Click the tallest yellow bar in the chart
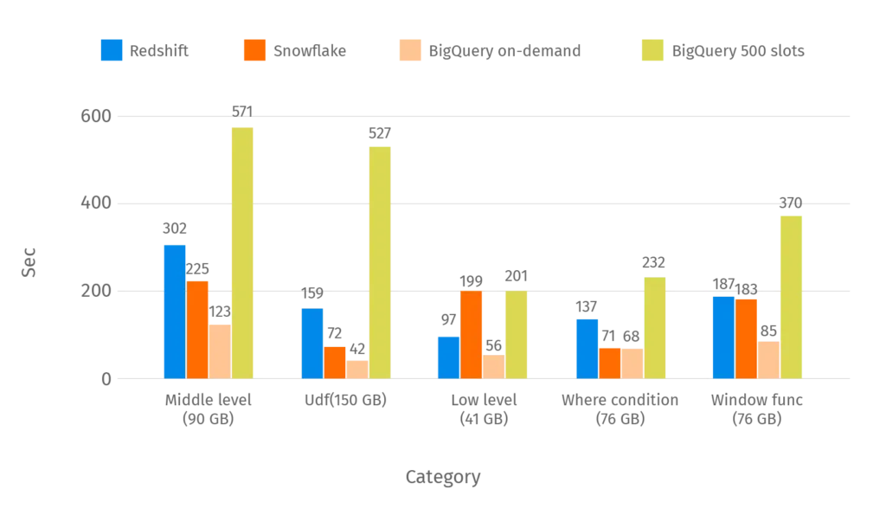(x=242, y=251)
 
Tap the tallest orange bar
(x=197, y=328)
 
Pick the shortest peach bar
(x=356, y=369)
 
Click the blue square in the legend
(x=112, y=50)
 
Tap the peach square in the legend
(x=408, y=50)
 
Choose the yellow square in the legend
(x=652, y=50)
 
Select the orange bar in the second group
(x=334, y=362)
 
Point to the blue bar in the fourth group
(x=587, y=348)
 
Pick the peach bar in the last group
(x=769, y=358)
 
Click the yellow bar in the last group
(x=790, y=295)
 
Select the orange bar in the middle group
(x=472, y=334)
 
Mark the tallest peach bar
(x=221, y=351)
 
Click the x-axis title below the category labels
(x=442, y=477)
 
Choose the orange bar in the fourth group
(x=610, y=362)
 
